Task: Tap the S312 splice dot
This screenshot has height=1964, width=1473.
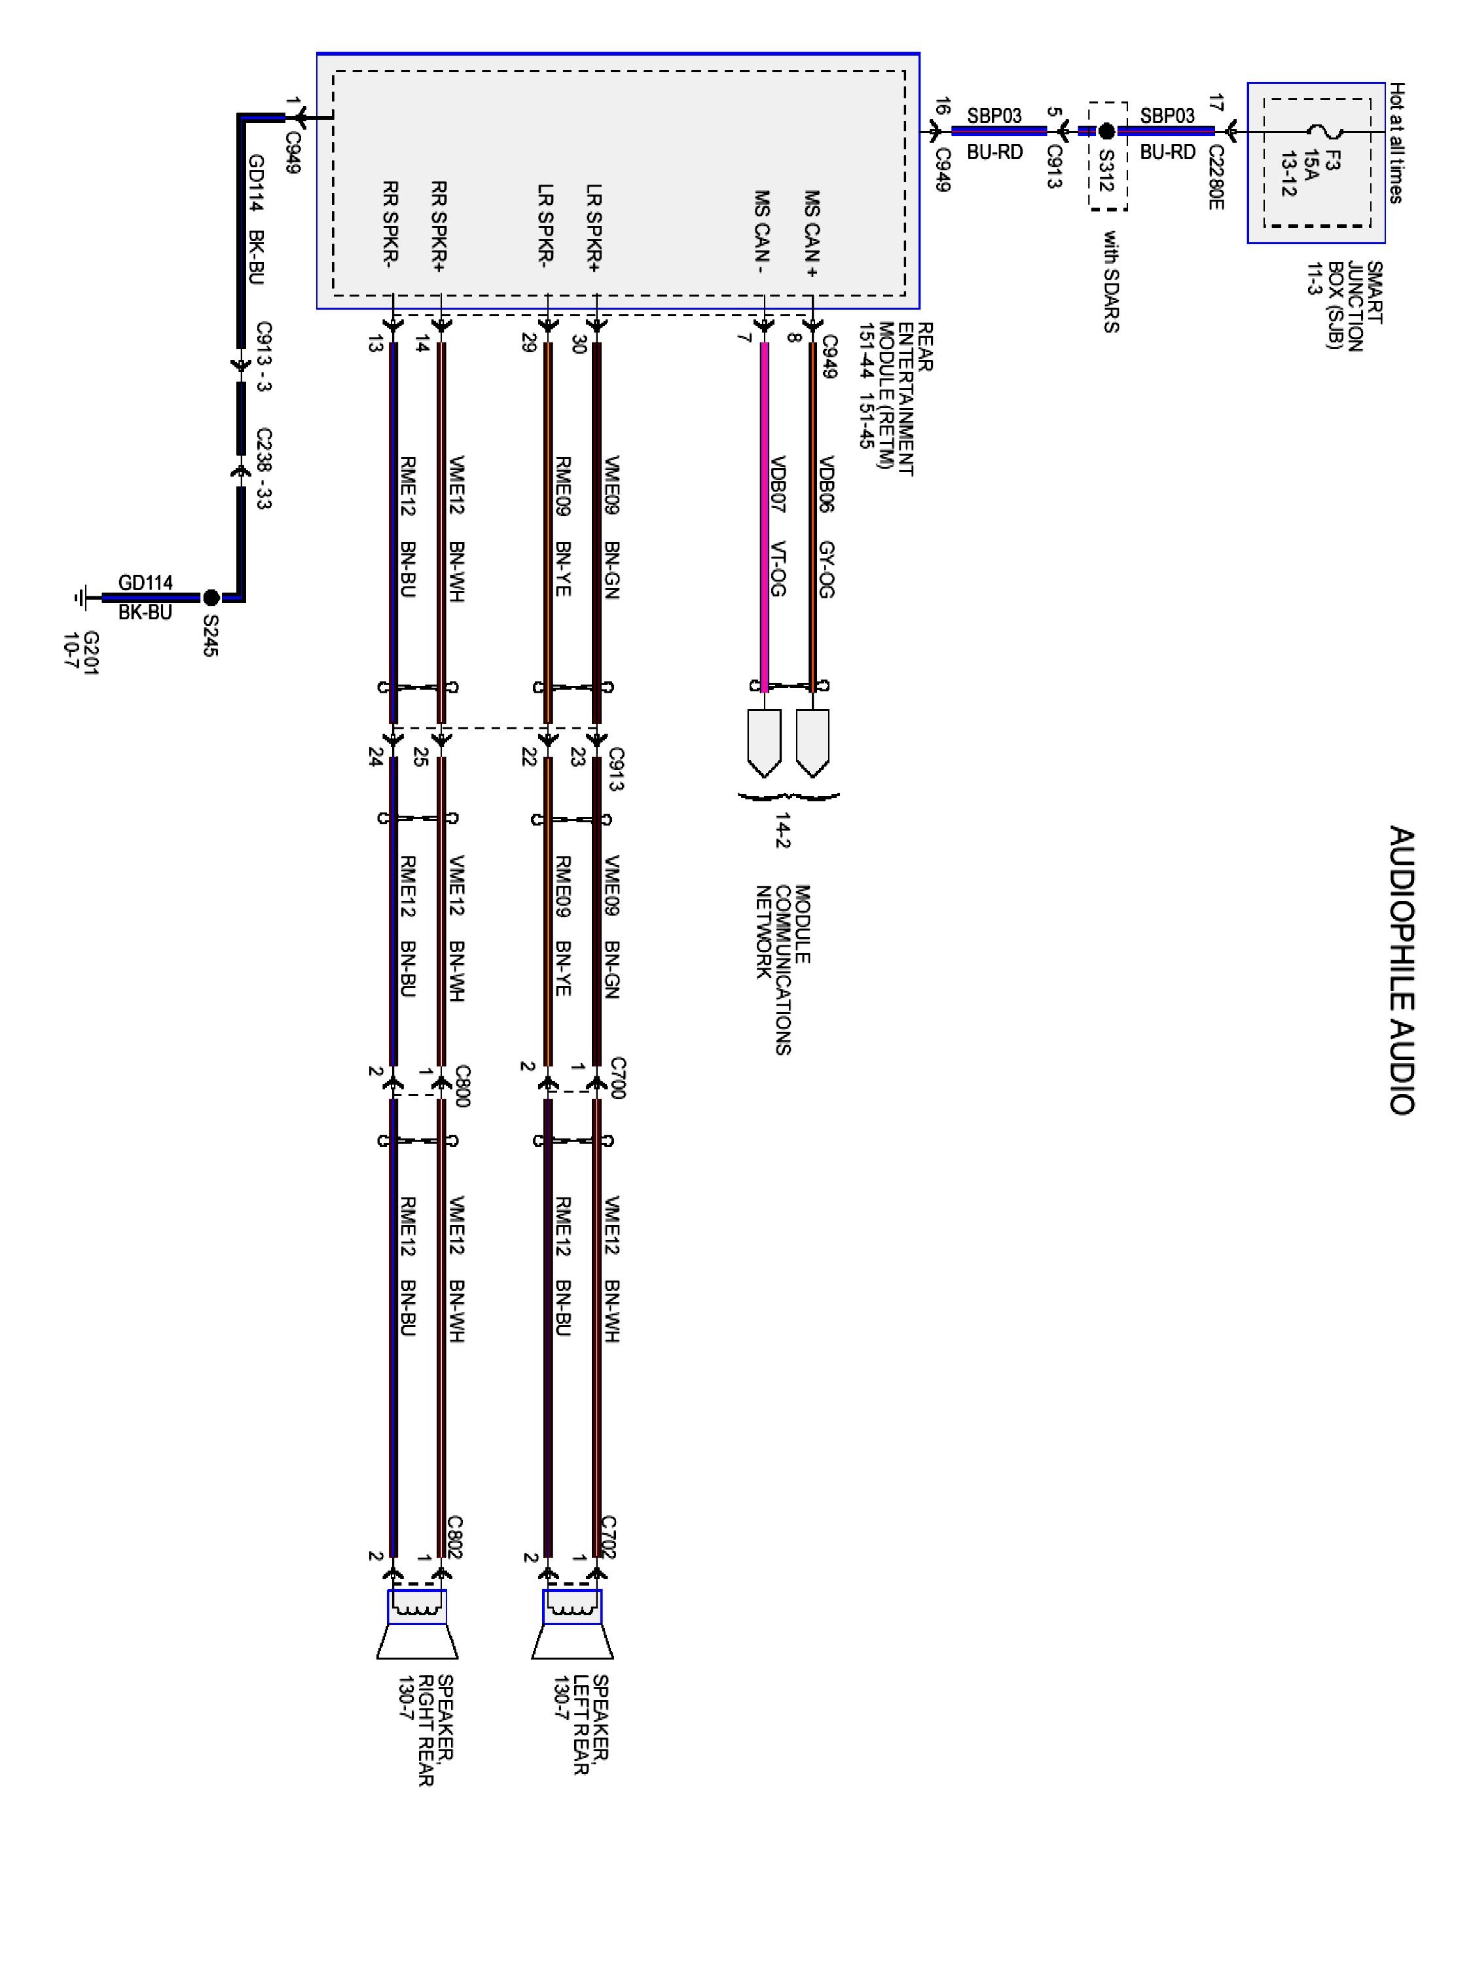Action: pos(1106,132)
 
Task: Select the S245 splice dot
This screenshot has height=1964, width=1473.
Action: pos(211,598)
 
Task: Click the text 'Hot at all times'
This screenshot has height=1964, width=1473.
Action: pos(1396,143)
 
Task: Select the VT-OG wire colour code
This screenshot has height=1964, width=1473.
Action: pos(778,568)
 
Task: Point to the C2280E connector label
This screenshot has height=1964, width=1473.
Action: pos(1216,177)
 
